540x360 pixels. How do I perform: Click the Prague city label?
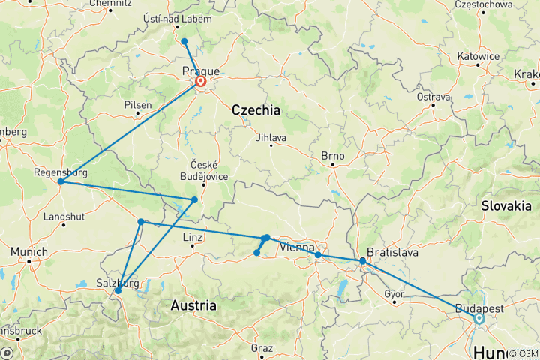202,70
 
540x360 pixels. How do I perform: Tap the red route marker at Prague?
201,82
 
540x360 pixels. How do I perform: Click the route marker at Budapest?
478,319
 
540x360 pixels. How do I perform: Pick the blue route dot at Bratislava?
363,261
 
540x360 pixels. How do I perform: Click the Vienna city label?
297,247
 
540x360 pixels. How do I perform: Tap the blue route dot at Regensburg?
60,181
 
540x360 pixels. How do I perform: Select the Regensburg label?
60,172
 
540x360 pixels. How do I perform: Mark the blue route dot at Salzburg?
118,291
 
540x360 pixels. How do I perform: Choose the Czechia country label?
256,110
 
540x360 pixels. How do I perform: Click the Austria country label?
193,306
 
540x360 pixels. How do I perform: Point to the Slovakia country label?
506,205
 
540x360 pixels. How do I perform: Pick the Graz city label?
262,348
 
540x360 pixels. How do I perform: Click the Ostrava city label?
433,97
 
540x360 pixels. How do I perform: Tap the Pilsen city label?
138,105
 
